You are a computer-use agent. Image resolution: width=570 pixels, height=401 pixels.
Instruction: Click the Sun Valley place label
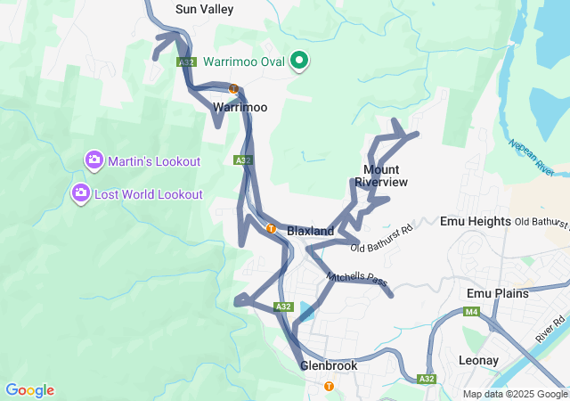point(204,10)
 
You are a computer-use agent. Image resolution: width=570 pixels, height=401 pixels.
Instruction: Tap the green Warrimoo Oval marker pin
point(299,61)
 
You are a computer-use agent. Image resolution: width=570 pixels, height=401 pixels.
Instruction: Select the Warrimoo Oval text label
point(244,62)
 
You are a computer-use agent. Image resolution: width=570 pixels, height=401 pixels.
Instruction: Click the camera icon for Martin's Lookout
point(94,160)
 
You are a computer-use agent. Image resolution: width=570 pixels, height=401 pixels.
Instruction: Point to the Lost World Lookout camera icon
point(80,192)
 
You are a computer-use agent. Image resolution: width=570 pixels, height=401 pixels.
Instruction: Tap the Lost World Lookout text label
point(149,194)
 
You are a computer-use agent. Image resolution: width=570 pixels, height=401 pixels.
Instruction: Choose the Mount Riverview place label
point(381,176)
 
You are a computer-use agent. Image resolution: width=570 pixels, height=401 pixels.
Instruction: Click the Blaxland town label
point(311,231)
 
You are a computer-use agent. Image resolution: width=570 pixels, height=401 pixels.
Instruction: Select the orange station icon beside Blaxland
point(271,228)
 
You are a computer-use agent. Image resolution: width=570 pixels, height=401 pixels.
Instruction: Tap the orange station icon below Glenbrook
point(330,386)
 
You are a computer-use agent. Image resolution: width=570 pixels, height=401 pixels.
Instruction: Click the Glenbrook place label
point(329,366)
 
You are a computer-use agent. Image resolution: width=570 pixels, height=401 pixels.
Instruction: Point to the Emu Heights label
point(476,221)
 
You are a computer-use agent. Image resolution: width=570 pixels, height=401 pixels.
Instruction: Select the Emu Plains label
point(498,293)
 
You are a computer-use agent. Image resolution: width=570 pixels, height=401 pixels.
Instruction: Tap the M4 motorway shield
point(471,312)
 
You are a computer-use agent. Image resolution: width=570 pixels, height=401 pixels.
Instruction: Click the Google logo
point(29,390)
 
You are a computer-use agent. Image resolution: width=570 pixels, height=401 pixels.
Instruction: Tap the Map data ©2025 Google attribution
point(515,394)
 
